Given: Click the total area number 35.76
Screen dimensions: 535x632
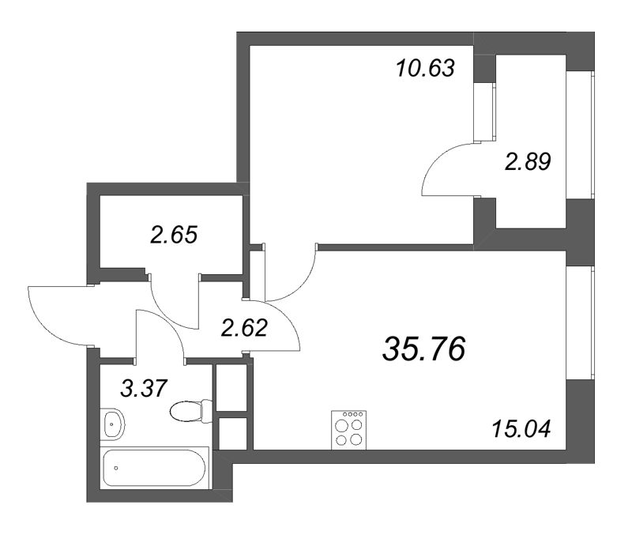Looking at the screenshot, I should pos(423,348).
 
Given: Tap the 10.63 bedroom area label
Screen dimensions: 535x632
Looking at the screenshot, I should pos(425,69).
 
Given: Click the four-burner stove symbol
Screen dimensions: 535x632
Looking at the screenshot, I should pos(348,429).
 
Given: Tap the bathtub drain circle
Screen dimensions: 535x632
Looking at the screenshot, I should pos(117,468).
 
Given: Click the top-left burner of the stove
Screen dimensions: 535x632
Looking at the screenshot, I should pos(342,423).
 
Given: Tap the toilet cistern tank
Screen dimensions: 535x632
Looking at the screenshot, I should pos(207,411).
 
